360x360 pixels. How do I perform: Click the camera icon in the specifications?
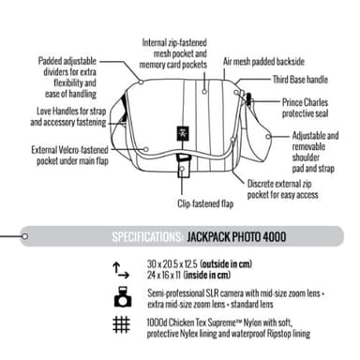(x=121, y=297)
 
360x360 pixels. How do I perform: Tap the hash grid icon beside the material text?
(x=121, y=325)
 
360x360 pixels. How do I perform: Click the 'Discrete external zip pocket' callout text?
(x=286, y=190)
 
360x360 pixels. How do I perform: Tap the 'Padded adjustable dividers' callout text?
(x=68, y=76)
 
